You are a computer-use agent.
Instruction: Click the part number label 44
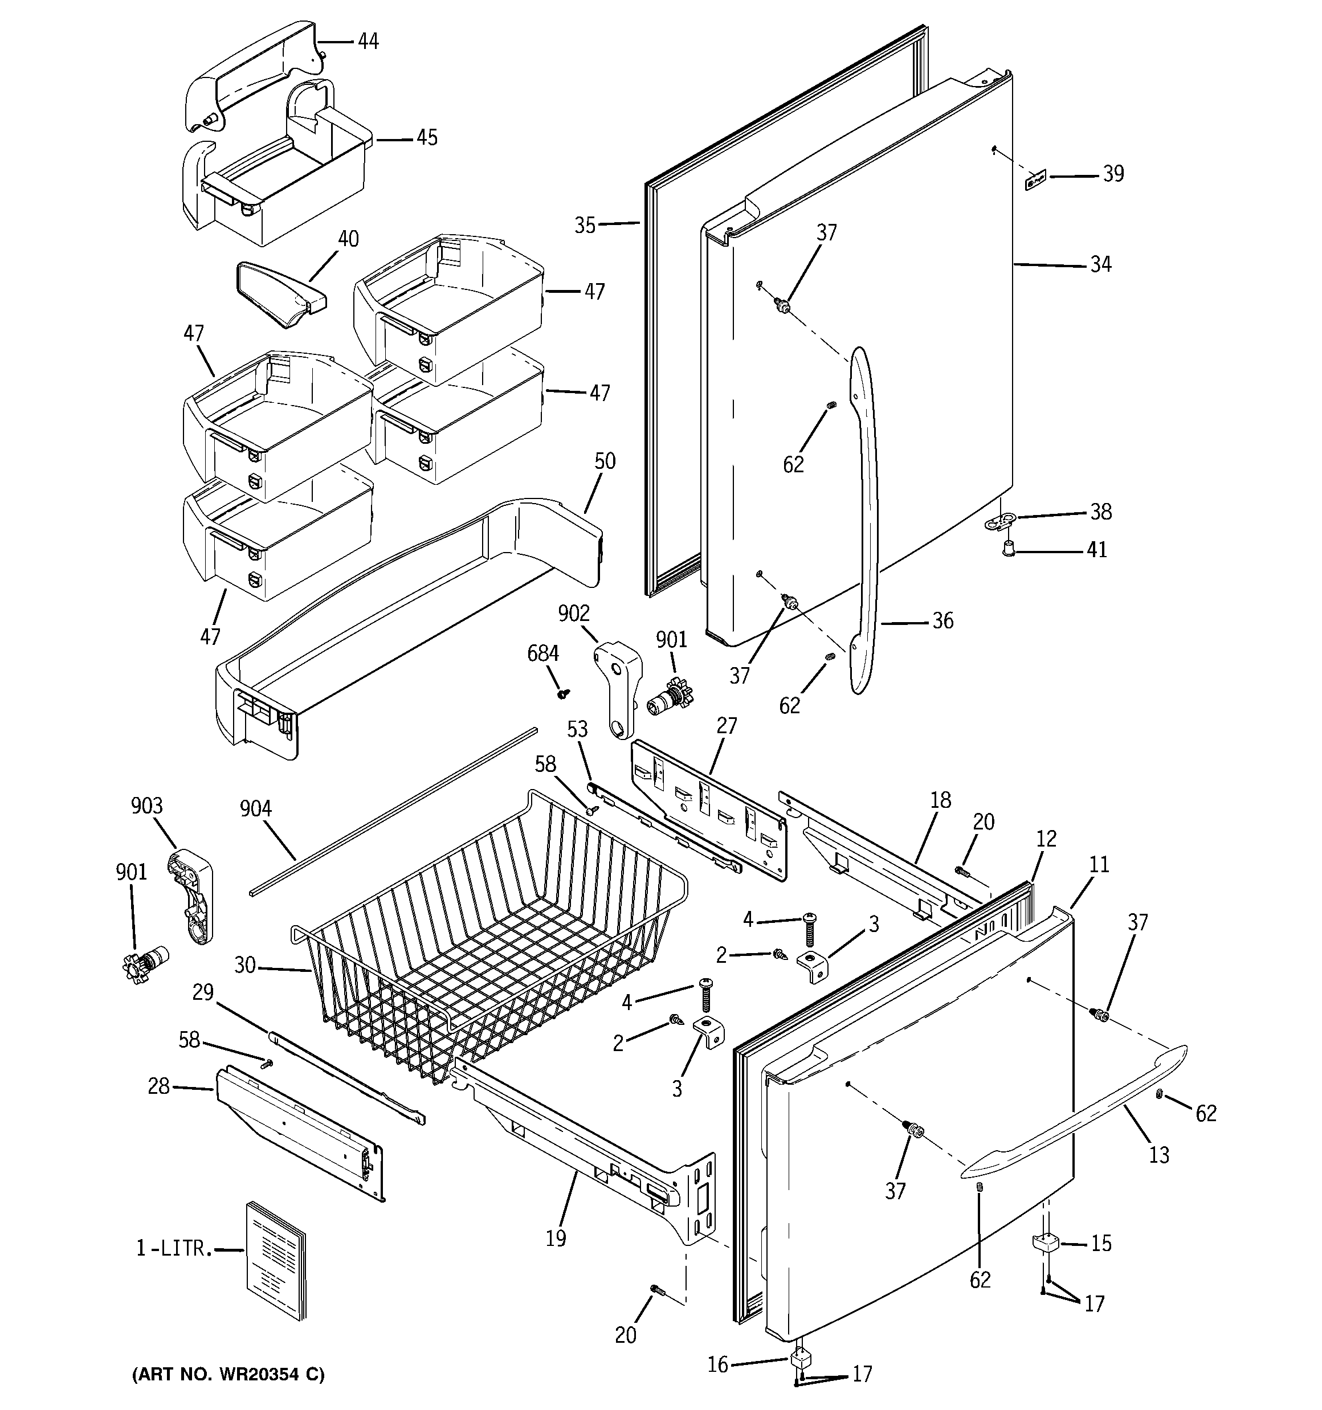tap(368, 41)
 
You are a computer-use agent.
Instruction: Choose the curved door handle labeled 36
tap(867, 518)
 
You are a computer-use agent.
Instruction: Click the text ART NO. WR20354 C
tap(228, 1374)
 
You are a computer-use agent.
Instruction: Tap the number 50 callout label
tap(605, 461)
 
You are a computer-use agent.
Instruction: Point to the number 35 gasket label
tap(585, 226)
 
